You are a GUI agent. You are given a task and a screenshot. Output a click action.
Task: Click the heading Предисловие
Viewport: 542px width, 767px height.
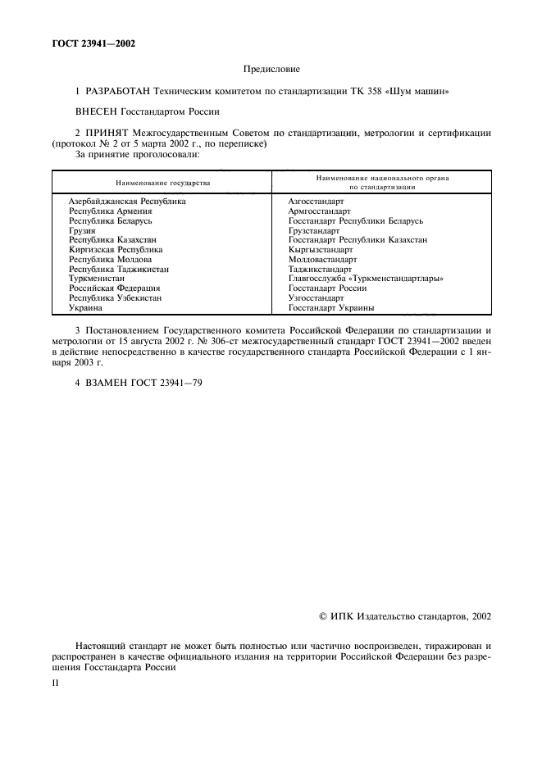pyautogui.click(x=271, y=71)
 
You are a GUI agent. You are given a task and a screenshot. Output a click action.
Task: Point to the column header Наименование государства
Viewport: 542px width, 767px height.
pyautogui.click(x=162, y=182)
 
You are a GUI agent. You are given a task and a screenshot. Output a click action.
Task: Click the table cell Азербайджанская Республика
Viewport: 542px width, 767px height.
pyautogui.click(x=127, y=201)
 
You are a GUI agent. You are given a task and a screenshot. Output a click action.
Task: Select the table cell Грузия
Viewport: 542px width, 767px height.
pyautogui.click(x=82, y=231)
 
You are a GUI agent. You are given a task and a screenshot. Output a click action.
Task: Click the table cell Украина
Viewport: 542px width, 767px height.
pyautogui.click(x=85, y=308)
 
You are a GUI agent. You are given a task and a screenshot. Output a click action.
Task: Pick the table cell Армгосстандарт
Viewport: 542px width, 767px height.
pyautogui.click(x=319, y=211)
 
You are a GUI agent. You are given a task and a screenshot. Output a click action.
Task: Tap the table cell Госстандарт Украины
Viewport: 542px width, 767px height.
pyautogui.click(x=331, y=308)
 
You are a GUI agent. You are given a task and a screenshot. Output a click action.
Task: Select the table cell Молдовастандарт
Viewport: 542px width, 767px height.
pyautogui.click(x=322, y=260)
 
